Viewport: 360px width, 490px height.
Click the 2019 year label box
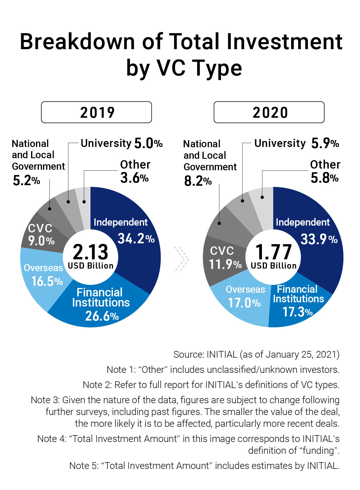(x=96, y=112)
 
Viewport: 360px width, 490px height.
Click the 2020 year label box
(x=269, y=112)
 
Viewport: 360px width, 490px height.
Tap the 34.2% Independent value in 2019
(x=136, y=239)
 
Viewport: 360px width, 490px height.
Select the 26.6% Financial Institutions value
(x=102, y=316)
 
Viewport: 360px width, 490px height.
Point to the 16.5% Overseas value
(x=47, y=281)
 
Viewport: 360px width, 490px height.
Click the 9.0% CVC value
(x=41, y=241)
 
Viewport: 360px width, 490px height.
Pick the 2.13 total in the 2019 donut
(x=90, y=252)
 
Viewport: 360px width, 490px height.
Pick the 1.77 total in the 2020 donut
(x=273, y=252)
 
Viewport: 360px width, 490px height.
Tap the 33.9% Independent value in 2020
(x=319, y=239)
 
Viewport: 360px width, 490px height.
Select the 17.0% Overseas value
(x=244, y=303)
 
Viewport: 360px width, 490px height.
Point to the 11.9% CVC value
(x=225, y=264)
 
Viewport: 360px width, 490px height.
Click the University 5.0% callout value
(x=148, y=144)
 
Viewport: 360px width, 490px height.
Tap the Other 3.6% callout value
(x=134, y=178)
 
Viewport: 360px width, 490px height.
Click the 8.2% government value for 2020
(x=198, y=181)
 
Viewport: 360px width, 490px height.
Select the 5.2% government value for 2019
(x=26, y=181)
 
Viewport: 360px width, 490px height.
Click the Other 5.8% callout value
(x=325, y=178)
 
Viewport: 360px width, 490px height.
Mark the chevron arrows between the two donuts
(x=181, y=259)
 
